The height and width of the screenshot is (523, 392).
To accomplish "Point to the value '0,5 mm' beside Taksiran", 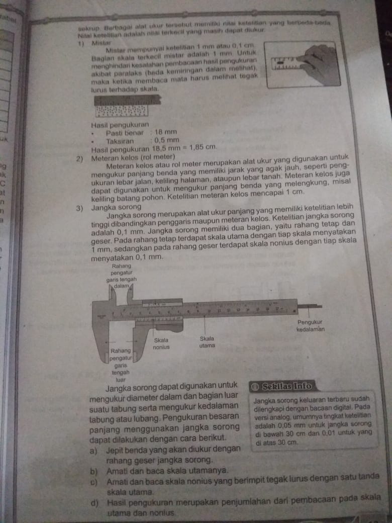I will tap(166, 140).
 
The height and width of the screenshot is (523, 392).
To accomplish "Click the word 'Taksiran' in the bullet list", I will tap(120, 141).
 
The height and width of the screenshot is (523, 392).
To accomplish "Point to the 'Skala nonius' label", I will tap(161, 343).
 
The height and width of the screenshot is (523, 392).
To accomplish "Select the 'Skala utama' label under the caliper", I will tap(207, 342).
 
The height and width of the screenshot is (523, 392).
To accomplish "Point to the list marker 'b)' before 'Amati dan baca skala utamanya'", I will tap(94, 471).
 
